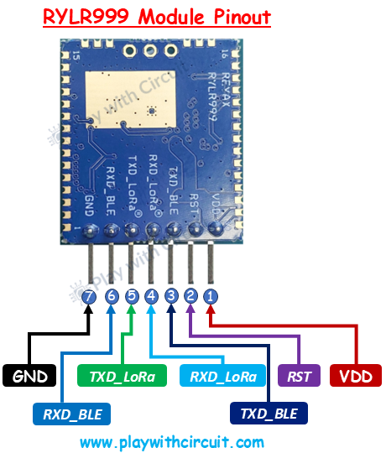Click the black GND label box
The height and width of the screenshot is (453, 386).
(x=29, y=376)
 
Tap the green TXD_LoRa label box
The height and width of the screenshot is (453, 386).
(x=123, y=376)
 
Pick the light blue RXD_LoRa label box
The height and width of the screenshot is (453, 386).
(x=222, y=376)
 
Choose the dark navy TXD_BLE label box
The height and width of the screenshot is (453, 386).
(x=268, y=414)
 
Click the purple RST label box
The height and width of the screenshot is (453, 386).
(x=298, y=376)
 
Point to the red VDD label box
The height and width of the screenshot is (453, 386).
(x=357, y=376)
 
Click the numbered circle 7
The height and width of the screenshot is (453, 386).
(x=90, y=296)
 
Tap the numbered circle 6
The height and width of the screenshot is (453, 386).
(x=111, y=296)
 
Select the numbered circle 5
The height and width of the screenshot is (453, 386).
(x=131, y=296)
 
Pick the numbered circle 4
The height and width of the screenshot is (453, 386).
(x=151, y=296)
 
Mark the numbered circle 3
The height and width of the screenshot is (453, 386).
(x=171, y=296)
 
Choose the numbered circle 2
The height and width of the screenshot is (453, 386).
(x=191, y=296)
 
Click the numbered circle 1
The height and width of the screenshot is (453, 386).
(x=211, y=296)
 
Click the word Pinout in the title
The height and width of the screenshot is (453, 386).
(x=237, y=17)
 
